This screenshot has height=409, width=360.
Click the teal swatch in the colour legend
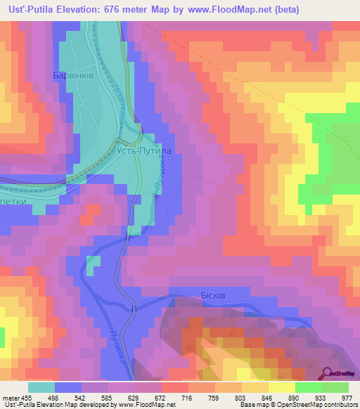41,387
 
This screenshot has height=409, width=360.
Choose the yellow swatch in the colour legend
283,387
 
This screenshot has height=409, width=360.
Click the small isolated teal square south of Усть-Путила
93,264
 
